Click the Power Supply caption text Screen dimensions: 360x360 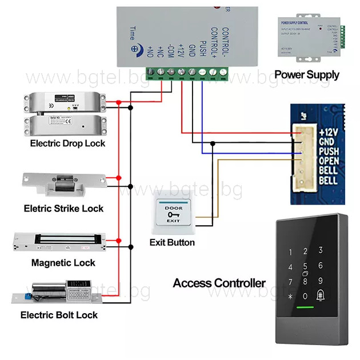306,74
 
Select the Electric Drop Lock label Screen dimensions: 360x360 67,143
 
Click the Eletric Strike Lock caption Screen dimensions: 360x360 63,208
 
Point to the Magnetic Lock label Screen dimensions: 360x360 63,262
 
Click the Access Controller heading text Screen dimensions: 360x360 219,283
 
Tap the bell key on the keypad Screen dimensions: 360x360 321,295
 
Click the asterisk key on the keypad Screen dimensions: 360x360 290,297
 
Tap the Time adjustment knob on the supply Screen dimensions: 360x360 137,50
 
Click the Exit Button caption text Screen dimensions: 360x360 172,242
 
